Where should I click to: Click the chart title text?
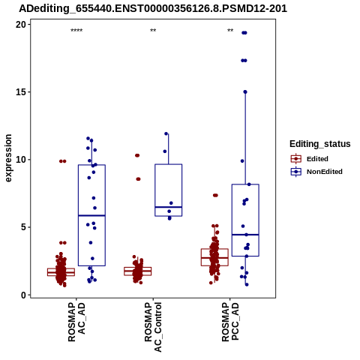click(x=153, y=9)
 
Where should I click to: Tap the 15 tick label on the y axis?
click(x=21, y=92)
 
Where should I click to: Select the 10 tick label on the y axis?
click(x=21, y=160)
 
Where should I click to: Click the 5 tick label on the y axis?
click(x=23, y=227)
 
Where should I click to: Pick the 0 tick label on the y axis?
click(x=23, y=295)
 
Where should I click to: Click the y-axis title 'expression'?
click(x=8, y=158)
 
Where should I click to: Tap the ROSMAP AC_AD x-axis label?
click(x=76, y=322)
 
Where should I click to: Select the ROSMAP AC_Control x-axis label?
click(x=153, y=327)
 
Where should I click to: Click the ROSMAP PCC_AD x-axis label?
click(x=230, y=322)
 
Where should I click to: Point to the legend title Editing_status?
click(x=320, y=144)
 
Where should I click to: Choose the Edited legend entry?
click(x=310, y=159)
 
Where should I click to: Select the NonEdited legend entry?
click(x=316, y=172)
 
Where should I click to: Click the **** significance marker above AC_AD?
click(x=76, y=31)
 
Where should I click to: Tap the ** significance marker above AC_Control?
click(x=153, y=31)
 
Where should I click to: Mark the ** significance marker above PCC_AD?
click(x=230, y=31)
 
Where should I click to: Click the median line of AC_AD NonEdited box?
click(x=91, y=215)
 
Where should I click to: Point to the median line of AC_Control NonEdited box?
click(x=168, y=207)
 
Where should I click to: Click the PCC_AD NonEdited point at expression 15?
click(x=245, y=92)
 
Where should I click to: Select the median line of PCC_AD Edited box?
click(x=214, y=258)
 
